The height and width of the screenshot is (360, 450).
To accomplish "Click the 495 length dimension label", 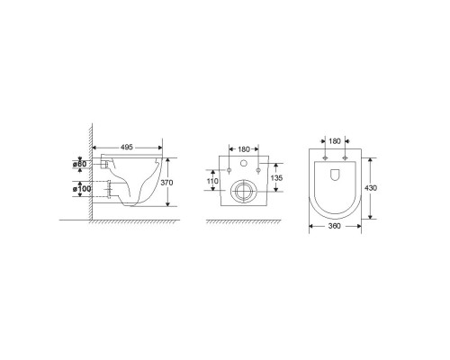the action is (x=127, y=148).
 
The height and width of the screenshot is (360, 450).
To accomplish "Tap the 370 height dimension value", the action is (x=166, y=183).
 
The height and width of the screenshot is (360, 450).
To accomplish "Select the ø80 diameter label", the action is (x=79, y=164).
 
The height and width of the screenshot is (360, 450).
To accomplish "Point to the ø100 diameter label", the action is (x=82, y=189).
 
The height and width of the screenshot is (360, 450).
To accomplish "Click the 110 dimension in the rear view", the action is (x=212, y=181).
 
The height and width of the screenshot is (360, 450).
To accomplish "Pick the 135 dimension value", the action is (x=276, y=178).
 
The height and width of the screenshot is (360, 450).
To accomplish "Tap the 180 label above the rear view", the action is (x=244, y=149).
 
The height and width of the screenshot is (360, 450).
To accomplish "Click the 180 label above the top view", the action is (x=335, y=141).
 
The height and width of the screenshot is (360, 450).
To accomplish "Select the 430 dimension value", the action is (x=371, y=188).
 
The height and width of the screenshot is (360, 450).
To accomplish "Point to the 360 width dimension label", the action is (x=335, y=226).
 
